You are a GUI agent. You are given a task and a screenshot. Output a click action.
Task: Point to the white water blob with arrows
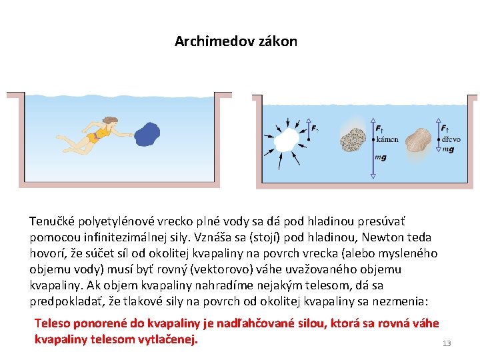tap(286, 141)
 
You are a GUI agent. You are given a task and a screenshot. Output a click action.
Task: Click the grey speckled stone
tap(352, 139)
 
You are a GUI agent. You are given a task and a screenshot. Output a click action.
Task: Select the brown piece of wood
tap(419, 140)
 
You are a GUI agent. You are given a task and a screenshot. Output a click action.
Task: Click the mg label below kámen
tap(381, 157)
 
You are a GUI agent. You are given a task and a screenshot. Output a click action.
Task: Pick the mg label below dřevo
tap(448, 149)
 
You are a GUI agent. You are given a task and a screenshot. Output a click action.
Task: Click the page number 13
tap(446, 343)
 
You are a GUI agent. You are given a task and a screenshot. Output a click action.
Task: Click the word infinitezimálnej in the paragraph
tap(117, 237)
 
